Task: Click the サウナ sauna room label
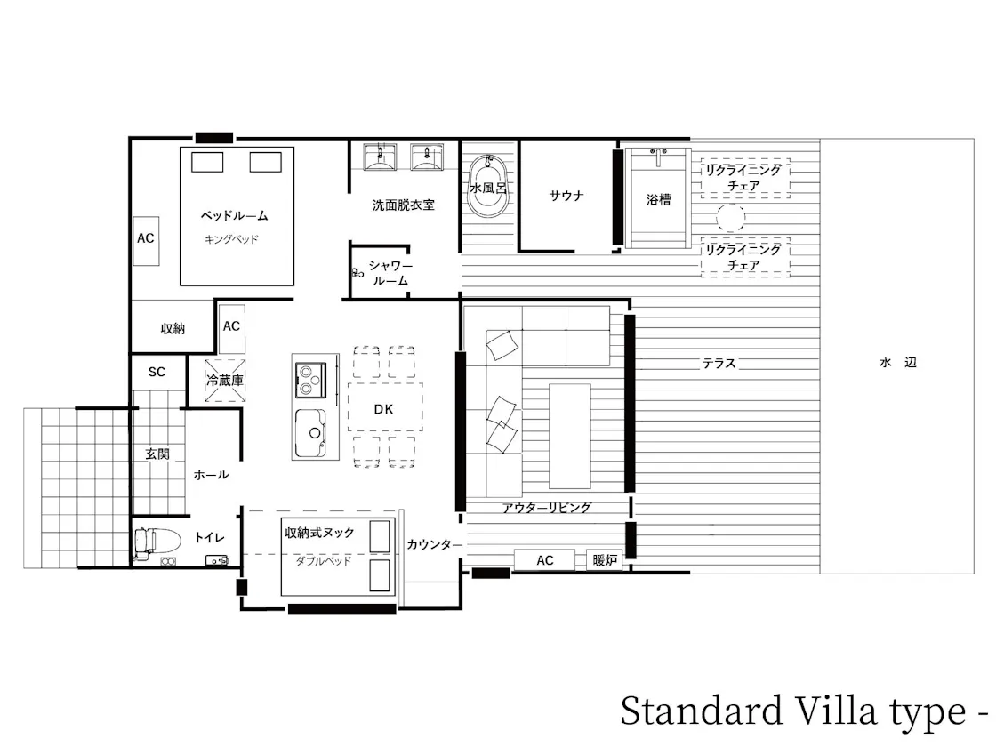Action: click(566, 196)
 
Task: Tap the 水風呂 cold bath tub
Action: click(488, 186)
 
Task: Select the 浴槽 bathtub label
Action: click(658, 199)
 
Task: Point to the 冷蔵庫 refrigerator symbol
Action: click(225, 381)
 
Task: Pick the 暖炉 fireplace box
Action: click(604, 560)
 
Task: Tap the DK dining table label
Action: click(383, 409)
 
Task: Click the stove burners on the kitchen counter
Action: click(310, 380)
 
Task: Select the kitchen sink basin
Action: click(310, 433)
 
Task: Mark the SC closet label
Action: click(157, 373)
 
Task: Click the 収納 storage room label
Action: click(173, 328)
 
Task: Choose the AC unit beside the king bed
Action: click(146, 240)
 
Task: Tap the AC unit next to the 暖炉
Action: click(544, 560)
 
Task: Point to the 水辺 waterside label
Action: click(898, 363)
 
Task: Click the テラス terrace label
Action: click(719, 364)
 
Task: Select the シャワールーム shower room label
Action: click(390, 273)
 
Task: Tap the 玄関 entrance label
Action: click(157, 454)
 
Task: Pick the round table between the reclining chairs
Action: click(730, 219)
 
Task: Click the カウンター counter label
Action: click(435, 544)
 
